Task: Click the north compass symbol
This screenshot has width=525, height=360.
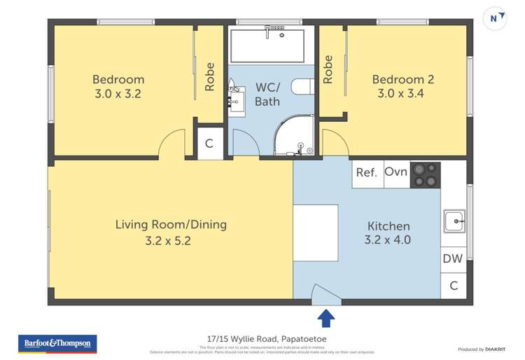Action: pyautogui.click(x=497, y=19)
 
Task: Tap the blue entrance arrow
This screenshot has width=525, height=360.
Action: pyautogui.click(x=325, y=319)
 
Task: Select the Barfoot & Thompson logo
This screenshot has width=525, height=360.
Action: pyautogui.click(x=57, y=344)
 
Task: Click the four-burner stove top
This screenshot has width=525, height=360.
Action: pyautogui.click(x=425, y=175)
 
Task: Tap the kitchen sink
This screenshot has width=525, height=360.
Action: pyautogui.click(x=454, y=222)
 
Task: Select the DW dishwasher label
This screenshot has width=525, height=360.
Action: pyautogui.click(x=453, y=258)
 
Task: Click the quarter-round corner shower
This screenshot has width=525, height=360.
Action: pyautogui.click(x=293, y=137)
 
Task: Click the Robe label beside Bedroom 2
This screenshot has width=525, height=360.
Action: pyautogui.click(x=328, y=69)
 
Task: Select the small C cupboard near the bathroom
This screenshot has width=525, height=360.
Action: pyautogui.click(x=209, y=144)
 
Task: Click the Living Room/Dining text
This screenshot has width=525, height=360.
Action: pyautogui.click(x=171, y=225)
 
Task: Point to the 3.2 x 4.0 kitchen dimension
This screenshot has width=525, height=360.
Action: pyautogui.click(x=387, y=240)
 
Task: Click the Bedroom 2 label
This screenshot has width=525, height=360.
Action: pyautogui.click(x=402, y=80)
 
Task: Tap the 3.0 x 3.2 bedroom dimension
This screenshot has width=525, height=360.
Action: pyautogui.click(x=118, y=93)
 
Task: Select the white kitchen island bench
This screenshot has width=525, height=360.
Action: pyautogui.click(x=315, y=233)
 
